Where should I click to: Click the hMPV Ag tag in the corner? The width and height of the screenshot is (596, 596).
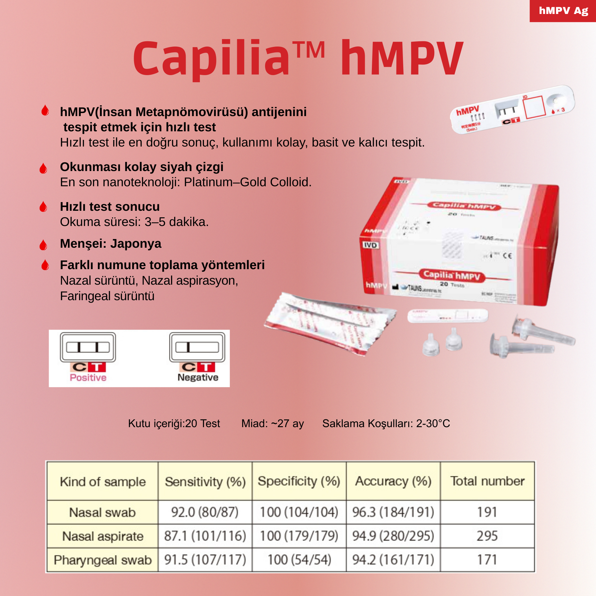(x=563, y=11)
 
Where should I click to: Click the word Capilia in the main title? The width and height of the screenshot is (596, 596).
(x=211, y=59)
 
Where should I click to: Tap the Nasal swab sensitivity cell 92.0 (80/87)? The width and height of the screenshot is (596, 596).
(x=205, y=512)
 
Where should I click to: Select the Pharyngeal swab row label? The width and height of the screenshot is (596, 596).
(x=103, y=560)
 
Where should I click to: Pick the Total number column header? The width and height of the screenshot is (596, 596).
(x=487, y=481)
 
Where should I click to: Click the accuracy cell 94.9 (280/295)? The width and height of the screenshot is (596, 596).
(x=393, y=536)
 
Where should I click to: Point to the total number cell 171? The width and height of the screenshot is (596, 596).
(x=487, y=560)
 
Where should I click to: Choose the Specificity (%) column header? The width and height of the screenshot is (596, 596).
(x=299, y=481)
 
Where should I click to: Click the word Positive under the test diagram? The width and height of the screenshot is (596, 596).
(x=88, y=377)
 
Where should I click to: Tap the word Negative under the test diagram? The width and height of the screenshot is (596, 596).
(x=198, y=377)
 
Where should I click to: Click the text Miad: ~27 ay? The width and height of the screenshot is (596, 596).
(x=273, y=423)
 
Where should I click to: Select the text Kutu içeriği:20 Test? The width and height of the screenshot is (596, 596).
(x=174, y=423)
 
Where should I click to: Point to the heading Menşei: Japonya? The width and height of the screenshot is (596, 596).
(x=111, y=244)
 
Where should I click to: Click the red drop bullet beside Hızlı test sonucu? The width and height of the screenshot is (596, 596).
(x=43, y=207)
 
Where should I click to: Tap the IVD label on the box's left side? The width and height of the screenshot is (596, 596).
(x=370, y=245)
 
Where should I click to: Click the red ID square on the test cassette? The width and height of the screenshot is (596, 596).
(x=534, y=107)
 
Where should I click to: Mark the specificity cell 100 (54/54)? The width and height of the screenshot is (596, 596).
(x=299, y=560)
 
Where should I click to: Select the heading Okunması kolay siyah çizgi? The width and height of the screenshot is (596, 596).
(x=142, y=167)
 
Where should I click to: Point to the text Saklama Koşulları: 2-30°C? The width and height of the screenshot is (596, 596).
(x=386, y=423)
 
